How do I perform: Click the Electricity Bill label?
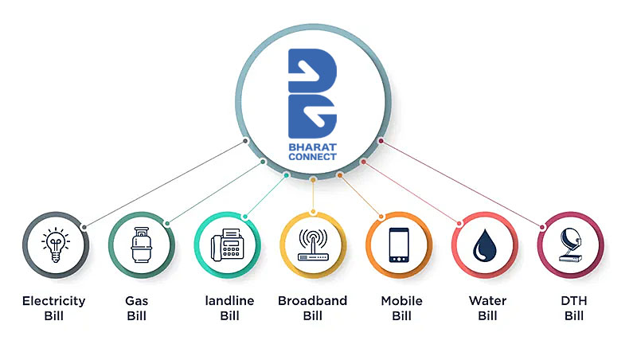click(54, 308)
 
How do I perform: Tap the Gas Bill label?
click(137, 308)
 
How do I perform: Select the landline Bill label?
click(229, 308)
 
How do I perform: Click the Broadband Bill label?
click(312, 308)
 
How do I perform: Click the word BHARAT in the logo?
click(313, 146)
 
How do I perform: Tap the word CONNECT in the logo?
click(313, 157)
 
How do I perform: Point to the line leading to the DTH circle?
click(462, 184)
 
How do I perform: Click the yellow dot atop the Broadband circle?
click(313, 212)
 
